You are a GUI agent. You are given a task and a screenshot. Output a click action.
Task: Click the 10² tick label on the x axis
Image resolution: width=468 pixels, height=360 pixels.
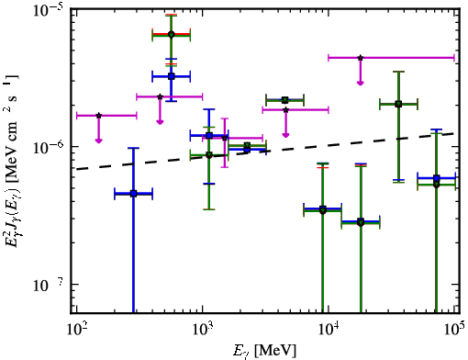[x=76, y=331]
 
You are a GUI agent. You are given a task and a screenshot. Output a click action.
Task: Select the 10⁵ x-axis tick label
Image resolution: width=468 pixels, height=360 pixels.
[x=454, y=330]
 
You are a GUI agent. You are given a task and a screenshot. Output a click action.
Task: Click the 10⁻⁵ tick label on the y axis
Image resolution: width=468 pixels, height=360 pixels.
[x=47, y=12]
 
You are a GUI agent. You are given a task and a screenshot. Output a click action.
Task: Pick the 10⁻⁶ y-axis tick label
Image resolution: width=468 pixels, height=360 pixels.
[x=47, y=149]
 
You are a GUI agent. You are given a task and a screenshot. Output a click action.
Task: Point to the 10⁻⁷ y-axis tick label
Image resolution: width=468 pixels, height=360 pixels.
[x=47, y=286]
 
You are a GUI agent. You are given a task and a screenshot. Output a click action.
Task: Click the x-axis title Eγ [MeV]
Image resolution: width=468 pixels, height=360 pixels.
[x=264, y=350]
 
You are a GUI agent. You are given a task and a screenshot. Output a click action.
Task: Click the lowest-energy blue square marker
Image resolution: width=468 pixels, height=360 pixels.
[x=133, y=194]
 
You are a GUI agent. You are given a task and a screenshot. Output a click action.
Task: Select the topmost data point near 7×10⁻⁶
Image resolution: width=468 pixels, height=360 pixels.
[x=172, y=34]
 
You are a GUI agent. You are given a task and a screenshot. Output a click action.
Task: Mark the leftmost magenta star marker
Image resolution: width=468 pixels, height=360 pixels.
[x=98, y=116]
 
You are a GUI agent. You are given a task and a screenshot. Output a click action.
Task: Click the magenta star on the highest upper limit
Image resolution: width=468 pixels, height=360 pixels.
[x=361, y=58]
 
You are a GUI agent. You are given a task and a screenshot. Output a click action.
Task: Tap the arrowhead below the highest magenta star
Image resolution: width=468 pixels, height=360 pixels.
[x=361, y=83]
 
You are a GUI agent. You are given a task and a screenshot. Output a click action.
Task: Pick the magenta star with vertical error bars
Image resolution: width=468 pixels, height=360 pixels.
[x=225, y=138]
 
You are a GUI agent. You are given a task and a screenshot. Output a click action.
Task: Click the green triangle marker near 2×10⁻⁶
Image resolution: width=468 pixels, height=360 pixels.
[x=285, y=100]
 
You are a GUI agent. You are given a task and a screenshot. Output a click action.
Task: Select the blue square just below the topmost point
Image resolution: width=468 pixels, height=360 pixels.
[x=172, y=76]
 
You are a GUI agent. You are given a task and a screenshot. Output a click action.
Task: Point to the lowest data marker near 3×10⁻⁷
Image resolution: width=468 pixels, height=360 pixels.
[x=361, y=222]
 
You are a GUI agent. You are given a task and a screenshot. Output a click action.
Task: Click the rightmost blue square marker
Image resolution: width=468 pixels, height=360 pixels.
[x=437, y=178]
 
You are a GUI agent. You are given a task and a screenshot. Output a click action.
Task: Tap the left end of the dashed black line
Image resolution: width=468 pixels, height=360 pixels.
[x=76, y=169]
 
